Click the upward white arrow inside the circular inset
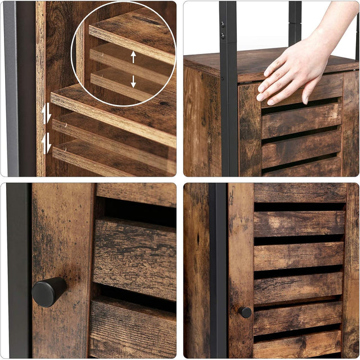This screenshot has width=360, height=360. coord(133,57)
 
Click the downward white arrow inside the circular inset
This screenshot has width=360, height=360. coord(133,81)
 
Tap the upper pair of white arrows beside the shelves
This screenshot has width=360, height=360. coord(47,114)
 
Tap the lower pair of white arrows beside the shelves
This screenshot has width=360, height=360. coord(47,143)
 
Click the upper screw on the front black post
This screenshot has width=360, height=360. coord(223,25)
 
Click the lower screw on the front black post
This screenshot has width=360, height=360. coord(223,35)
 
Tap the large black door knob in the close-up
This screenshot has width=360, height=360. coord(48,292)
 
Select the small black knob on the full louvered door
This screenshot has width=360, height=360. coord(245,312)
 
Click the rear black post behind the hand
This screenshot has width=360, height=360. coord(295,22)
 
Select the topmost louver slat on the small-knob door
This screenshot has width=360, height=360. coord(299,192)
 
